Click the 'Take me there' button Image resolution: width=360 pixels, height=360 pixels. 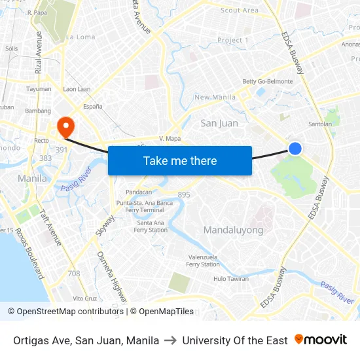pyautogui.click(x=180, y=160)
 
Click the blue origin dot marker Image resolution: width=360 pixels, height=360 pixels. pyautogui.click(x=295, y=149)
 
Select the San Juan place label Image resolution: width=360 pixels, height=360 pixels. pyautogui.click(x=219, y=123)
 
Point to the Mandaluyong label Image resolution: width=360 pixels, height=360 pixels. pyautogui.click(x=233, y=230)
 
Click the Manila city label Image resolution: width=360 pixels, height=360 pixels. pyautogui.click(x=32, y=178)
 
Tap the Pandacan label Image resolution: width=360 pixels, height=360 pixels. pyautogui.click(x=139, y=192)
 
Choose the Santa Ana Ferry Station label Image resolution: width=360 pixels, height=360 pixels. pyautogui.click(x=151, y=226)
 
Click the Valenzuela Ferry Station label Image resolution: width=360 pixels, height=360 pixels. pyautogui.click(x=203, y=261)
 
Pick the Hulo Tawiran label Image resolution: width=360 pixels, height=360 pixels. pyautogui.click(x=231, y=279)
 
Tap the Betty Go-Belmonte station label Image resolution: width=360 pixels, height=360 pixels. pyautogui.click(x=268, y=82)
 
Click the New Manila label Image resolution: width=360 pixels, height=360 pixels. pyautogui.click(x=215, y=98)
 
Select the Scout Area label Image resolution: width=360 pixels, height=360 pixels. pyautogui.click(x=240, y=10)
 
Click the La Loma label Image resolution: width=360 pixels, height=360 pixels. pyautogui.click(x=81, y=37)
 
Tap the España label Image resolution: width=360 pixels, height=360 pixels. pyautogui.click(x=74, y=106)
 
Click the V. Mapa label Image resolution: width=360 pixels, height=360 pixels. pyautogui.click(x=170, y=139)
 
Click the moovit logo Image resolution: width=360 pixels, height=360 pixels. pyautogui.click(x=321, y=340)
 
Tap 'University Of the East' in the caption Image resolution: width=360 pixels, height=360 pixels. pyautogui.click(x=235, y=340)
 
